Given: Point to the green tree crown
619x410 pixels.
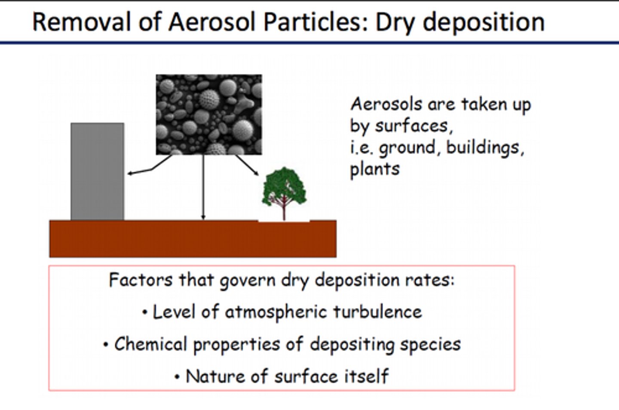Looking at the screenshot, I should coord(284,185).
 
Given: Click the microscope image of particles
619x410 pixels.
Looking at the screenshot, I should coord(208,114).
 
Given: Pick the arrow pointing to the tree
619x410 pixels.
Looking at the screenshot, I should coord(248,165).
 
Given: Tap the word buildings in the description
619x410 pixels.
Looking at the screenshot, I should coord(485,148).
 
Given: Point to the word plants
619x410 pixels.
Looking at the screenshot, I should coord(374,169).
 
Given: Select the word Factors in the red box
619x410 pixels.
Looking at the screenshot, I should coord(141,280).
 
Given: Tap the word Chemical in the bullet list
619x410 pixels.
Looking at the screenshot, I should coord(150,344).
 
